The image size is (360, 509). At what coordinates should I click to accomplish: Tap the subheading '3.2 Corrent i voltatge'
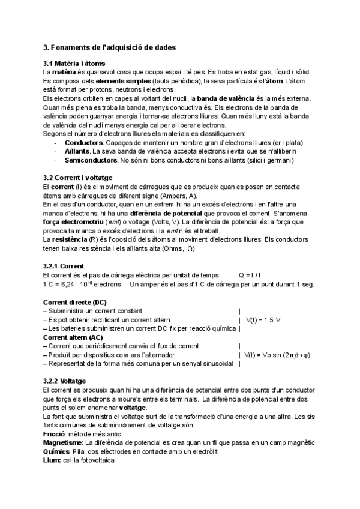pyautogui.click(x=78, y=179)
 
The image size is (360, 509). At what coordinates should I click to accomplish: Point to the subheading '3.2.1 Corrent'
pyautogui.click(x=64, y=266)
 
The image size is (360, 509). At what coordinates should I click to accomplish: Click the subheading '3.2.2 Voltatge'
pyautogui.click(x=65, y=381)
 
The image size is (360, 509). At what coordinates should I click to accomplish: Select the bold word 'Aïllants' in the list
pyautogui.click(x=77, y=152)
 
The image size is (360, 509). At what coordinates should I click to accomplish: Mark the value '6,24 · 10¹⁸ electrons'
pyautogui.click(x=86, y=284)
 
